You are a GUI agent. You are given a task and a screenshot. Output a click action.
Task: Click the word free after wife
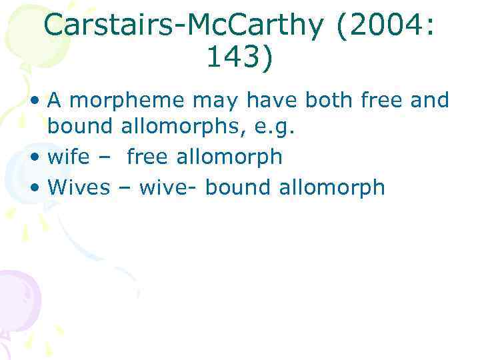tap(147, 157)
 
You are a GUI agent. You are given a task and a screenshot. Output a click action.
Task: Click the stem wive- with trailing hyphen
tap(169, 187)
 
